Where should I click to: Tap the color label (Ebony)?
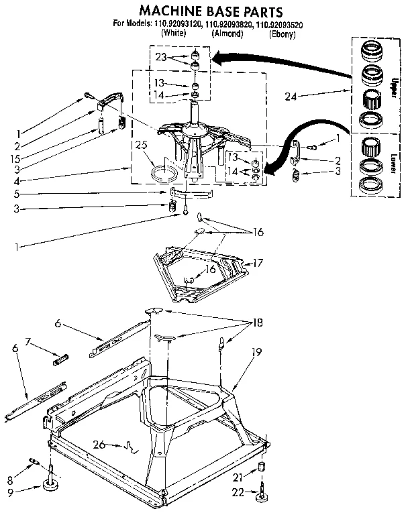282,34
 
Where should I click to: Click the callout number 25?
140,144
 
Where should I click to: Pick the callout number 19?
256,350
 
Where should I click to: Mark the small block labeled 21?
260,467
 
